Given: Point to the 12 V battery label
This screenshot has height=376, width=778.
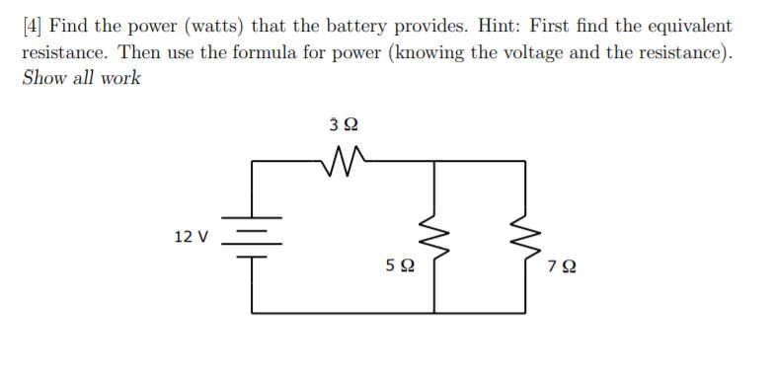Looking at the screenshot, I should pyautogui.click(x=191, y=236).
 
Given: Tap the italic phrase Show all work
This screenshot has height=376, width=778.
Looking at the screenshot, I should pyautogui.click(x=81, y=77).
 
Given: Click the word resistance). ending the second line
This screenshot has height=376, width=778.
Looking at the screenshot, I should pyautogui.click(x=684, y=51).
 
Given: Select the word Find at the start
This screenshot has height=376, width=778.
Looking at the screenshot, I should pyautogui.click(x=81, y=26).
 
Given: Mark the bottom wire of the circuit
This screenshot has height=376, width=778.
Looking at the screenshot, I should pyautogui.click(x=385, y=312).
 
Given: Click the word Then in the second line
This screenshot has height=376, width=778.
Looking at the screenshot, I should pyautogui.click(x=140, y=51).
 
